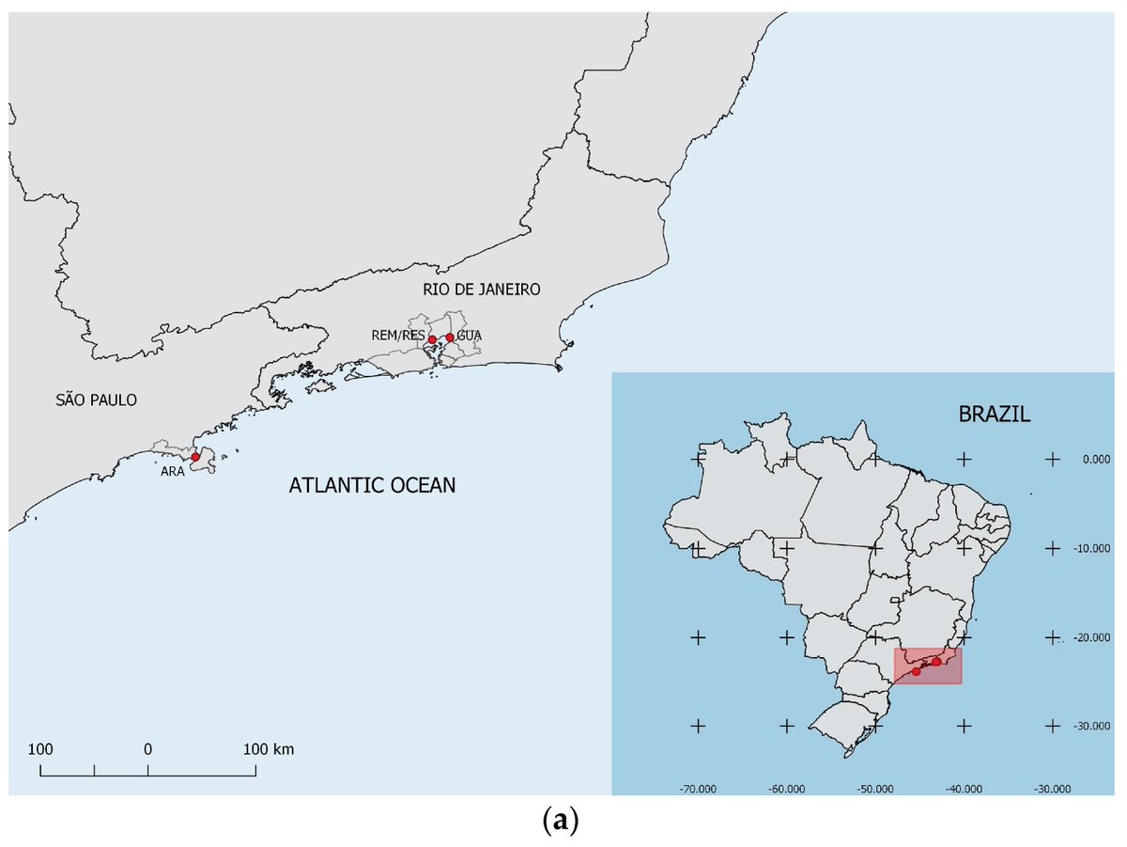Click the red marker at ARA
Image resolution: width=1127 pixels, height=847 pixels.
195,457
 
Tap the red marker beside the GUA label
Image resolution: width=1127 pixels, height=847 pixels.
450,337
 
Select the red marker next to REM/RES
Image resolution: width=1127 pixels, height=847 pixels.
432,339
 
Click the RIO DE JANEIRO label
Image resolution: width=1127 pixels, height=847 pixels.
482,290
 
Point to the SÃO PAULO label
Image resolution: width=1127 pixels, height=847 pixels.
96,400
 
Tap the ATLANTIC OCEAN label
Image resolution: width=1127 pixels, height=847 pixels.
372,486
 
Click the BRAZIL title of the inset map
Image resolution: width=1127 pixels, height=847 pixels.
995,414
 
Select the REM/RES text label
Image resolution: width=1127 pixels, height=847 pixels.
398,336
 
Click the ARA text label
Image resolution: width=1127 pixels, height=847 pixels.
172,471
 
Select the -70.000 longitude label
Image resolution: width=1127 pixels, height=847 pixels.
698,789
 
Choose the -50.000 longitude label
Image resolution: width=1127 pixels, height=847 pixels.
875,789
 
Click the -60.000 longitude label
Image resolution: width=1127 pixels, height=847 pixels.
786,789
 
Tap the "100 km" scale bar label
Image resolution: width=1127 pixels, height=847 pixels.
269,750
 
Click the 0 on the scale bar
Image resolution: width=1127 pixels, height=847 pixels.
147,750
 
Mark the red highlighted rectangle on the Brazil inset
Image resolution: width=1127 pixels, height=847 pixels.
927,666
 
